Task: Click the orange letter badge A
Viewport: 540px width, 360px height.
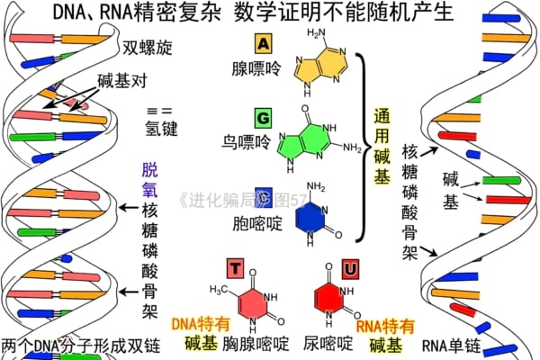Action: (262, 43)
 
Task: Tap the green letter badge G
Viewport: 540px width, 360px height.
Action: (262, 118)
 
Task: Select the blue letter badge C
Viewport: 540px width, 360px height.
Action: (263, 197)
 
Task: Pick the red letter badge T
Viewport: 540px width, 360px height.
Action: (234, 268)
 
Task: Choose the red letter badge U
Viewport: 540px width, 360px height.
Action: (350, 268)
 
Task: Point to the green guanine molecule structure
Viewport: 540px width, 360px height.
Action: (310, 138)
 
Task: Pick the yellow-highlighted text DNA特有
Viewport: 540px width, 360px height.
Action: (201, 322)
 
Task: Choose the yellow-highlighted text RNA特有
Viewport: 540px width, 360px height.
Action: (386, 325)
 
